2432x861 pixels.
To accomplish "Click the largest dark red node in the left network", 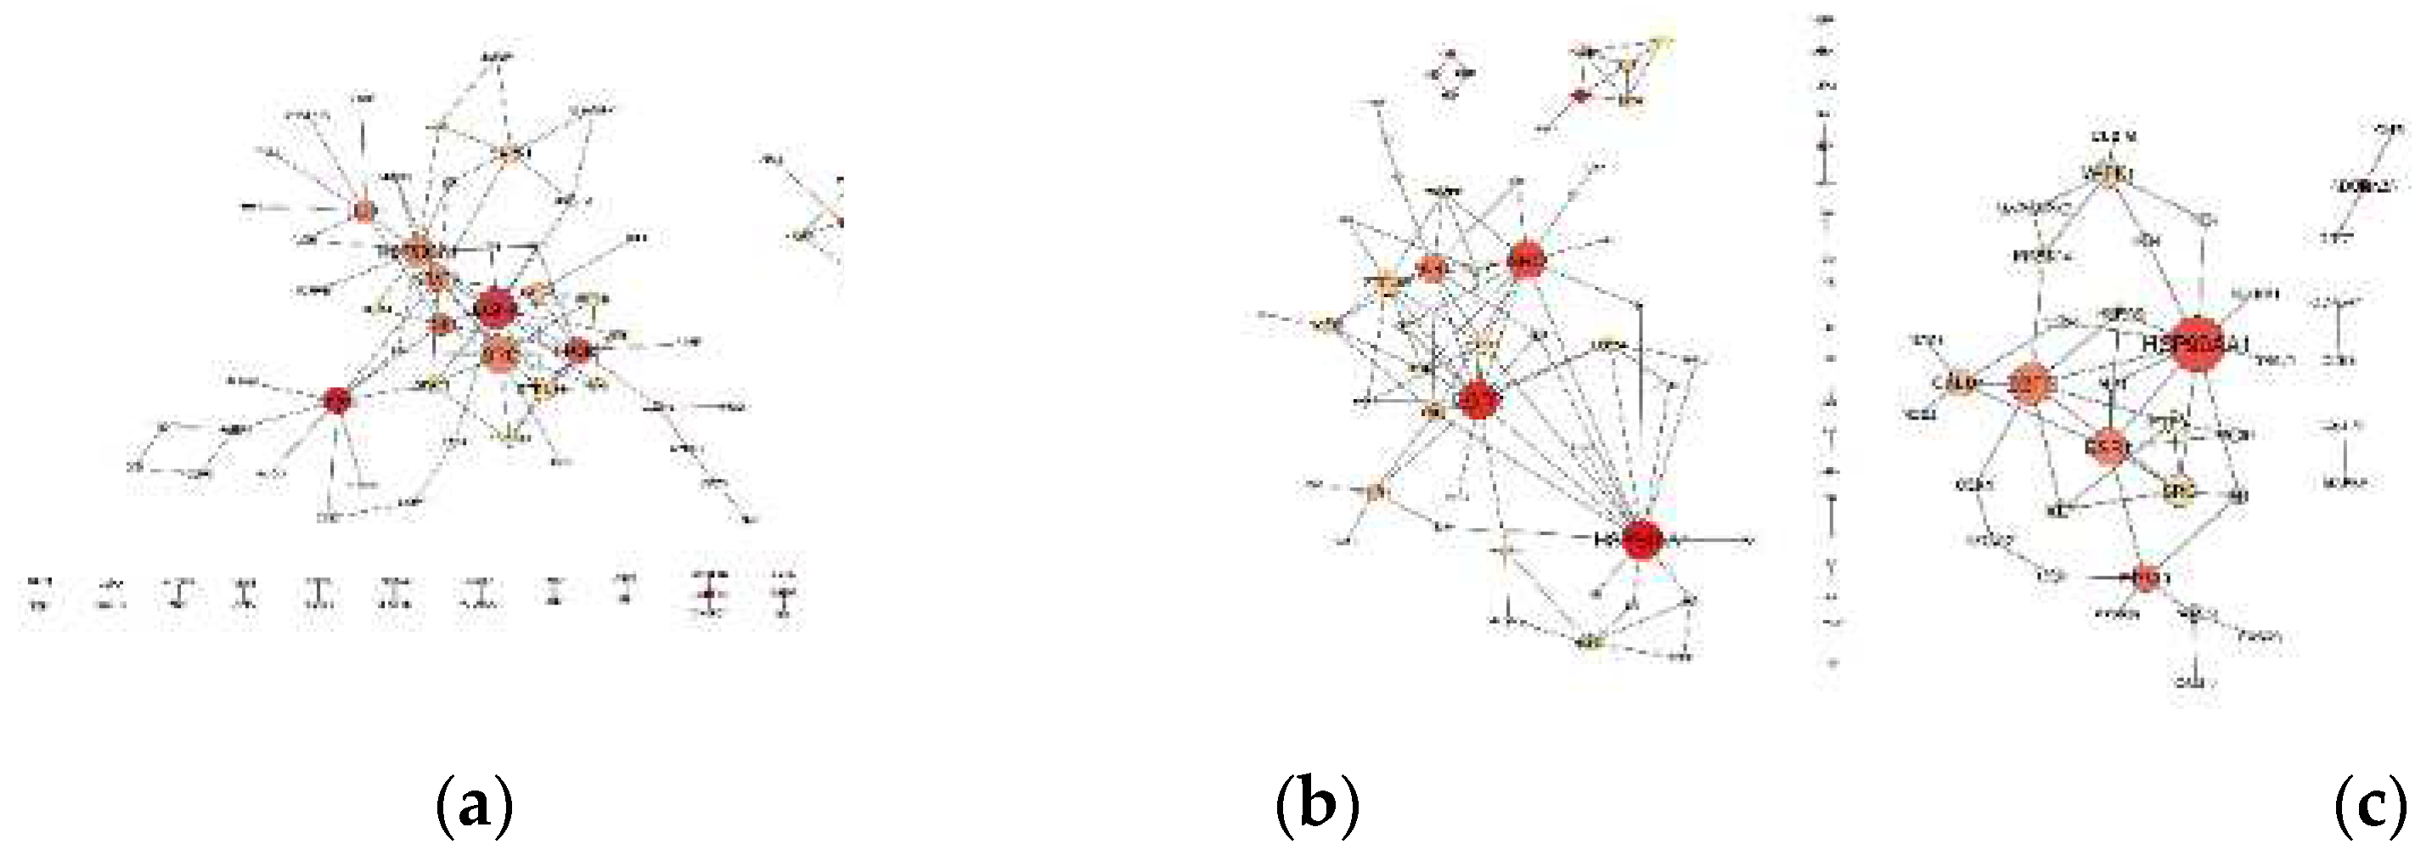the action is tap(495, 307).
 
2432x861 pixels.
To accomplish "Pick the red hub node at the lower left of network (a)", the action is tap(337, 400).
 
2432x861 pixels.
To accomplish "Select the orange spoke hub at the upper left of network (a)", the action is tap(363, 211).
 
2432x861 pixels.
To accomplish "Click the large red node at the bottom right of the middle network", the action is tap(1643, 540).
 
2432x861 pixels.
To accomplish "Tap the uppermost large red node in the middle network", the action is tap(1526, 260).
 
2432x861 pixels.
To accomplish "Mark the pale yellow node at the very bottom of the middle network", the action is tap(1591, 644).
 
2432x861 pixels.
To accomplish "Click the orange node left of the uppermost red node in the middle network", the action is tap(1433, 269).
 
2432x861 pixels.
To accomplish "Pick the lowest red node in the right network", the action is tap(2146, 577).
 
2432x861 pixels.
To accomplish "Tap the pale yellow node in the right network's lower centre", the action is tap(2179, 491).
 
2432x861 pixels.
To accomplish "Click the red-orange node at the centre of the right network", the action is tap(2108, 447).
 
